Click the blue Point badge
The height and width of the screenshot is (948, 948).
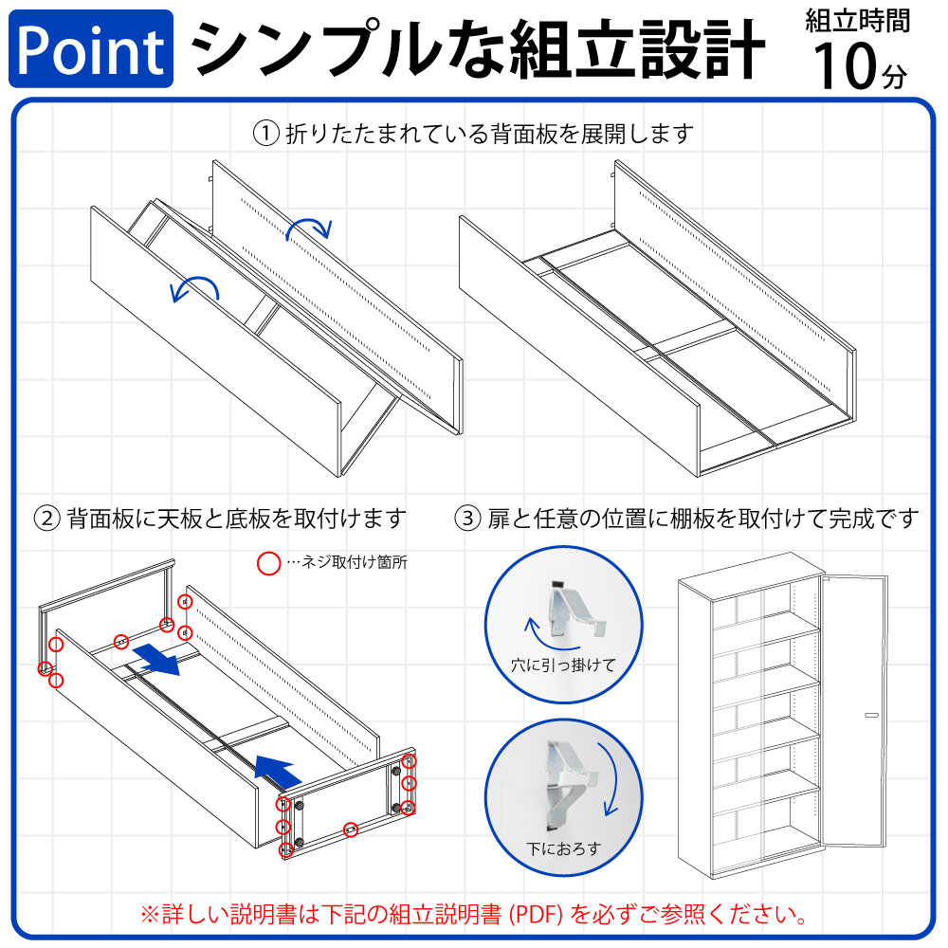click(91, 48)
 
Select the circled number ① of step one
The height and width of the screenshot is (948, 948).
click(265, 134)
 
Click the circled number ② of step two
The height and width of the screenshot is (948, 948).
click(46, 519)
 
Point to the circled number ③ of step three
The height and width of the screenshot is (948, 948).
click(467, 519)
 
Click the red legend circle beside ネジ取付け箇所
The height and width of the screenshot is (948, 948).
click(268, 563)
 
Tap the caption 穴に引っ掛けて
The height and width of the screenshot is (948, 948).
click(563, 665)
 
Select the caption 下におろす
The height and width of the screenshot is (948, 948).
click(563, 848)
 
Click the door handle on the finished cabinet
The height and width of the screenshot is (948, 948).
click(871, 715)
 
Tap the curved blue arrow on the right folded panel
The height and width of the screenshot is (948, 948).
click(309, 228)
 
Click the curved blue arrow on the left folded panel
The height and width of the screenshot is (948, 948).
click(194, 287)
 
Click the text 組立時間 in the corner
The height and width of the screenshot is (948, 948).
click(857, 21)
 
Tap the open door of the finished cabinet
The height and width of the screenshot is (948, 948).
click(853, 710)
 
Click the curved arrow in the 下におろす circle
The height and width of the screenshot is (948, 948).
click(613, 780)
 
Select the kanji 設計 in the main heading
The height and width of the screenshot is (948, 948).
click(702, 49)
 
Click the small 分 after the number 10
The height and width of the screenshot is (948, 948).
click(895, 77)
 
